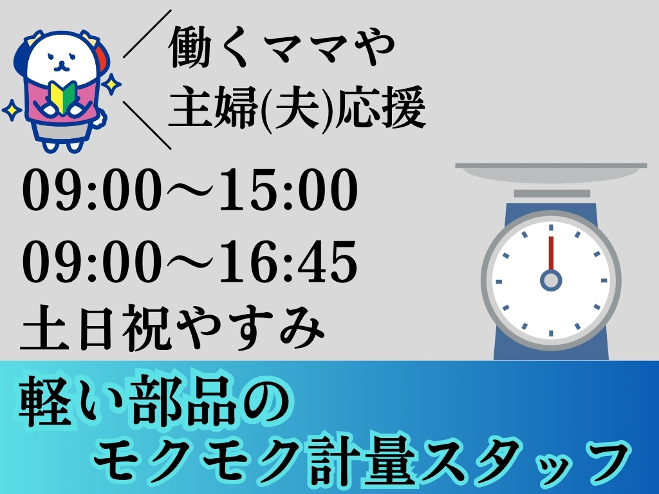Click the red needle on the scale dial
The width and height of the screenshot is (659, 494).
tap(551, 253)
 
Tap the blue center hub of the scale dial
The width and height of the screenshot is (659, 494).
tap(551, 280)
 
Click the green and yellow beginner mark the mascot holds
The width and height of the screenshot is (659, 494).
tap(62, 96)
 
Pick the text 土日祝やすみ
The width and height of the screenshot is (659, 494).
tap(172, 327)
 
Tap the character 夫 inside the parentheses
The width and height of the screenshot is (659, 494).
tap(293, 108)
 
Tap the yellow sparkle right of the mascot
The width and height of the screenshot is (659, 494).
tap(111, 84)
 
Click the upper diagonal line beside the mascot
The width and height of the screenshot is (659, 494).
tap(147, 33)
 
